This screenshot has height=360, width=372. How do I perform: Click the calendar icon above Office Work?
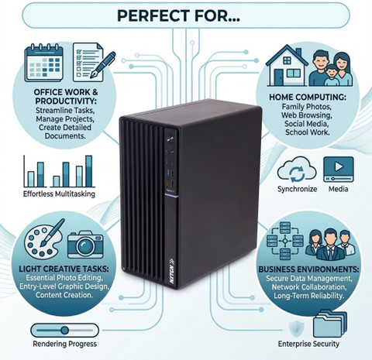43,63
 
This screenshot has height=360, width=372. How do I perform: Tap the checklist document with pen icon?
94,62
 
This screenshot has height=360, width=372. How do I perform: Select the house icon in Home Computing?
287,66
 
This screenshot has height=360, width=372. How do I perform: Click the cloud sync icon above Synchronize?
297,170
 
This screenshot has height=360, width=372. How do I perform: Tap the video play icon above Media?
339,170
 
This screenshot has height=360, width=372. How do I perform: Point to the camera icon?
85,245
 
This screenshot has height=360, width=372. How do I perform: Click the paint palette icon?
44,238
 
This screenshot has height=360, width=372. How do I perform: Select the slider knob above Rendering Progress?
64,330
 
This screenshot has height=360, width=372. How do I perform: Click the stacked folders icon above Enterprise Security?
330,324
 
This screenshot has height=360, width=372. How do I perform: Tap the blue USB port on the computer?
167,173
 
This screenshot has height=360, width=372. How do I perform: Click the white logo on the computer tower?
172,271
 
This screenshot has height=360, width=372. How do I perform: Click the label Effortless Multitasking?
59,194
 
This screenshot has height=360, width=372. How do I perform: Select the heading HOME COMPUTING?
308,98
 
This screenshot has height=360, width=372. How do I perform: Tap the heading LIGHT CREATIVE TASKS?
64,269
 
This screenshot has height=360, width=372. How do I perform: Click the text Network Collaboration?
309,287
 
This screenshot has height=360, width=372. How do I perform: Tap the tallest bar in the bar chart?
89,171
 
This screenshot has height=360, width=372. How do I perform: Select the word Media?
338,189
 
